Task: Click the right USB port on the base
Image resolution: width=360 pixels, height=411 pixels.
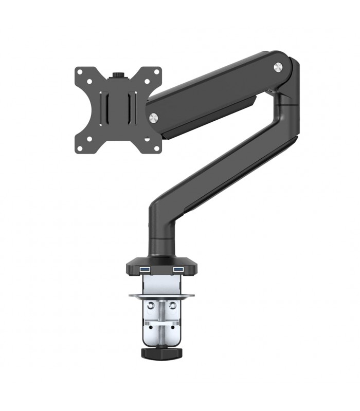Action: [178, 269]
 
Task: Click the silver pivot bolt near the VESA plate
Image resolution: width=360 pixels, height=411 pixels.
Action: [153, 118]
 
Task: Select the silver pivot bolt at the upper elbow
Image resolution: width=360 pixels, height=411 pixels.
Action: [278, 66]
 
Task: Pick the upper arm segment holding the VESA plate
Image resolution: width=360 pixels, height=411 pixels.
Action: [216, 92]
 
